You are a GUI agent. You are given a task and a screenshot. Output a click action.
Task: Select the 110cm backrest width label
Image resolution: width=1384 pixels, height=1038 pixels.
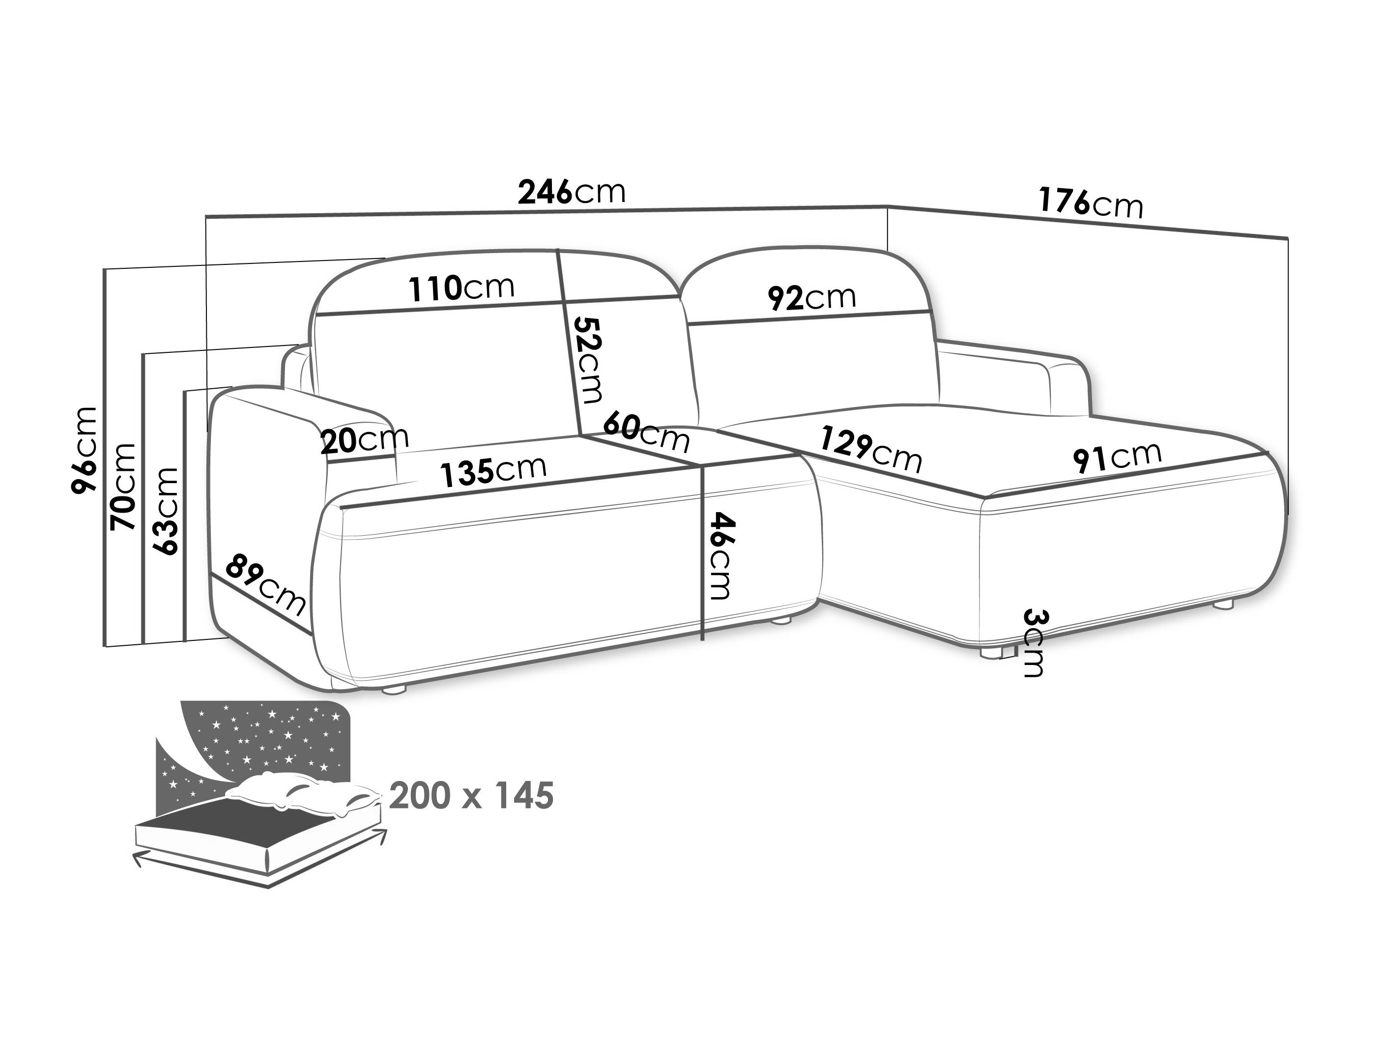point(462,288)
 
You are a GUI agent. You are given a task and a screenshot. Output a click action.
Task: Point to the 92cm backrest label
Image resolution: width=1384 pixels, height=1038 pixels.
point(811,298)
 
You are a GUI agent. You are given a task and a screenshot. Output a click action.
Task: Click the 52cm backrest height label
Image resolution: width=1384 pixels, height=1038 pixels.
point(589,360)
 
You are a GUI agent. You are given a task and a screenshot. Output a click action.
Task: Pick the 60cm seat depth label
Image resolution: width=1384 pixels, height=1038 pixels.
point(646,431)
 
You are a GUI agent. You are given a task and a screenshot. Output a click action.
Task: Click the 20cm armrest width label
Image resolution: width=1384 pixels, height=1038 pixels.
point(364,440)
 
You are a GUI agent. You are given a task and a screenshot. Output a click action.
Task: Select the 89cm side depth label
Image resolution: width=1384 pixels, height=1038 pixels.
point(266,584)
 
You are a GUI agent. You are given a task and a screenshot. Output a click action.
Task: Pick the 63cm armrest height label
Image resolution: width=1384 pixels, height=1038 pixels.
point(165,511)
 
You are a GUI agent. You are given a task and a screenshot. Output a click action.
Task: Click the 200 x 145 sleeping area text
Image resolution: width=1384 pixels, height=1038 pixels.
point(471,796)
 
